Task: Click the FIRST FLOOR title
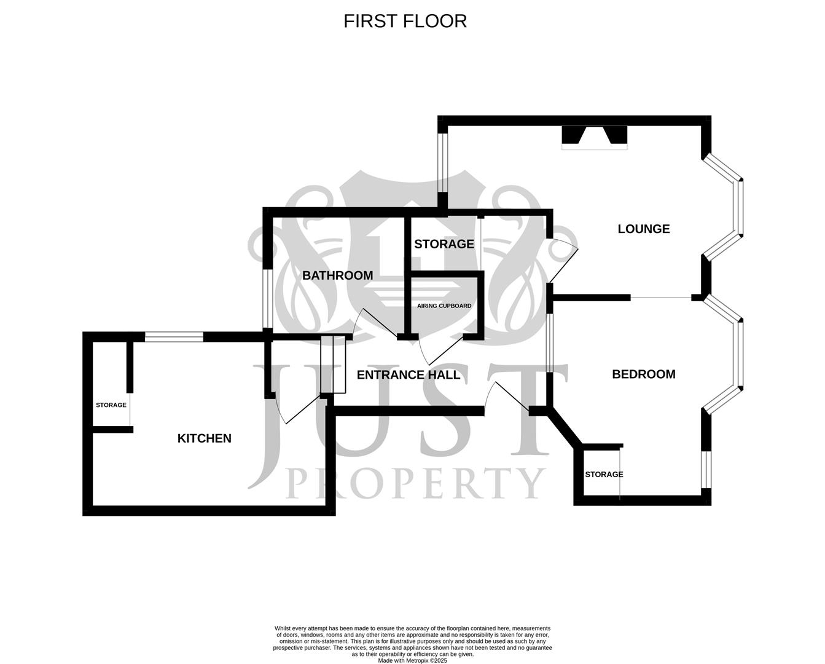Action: [405, 21]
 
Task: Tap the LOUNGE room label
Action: [643, 229]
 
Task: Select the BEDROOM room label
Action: [643, 374]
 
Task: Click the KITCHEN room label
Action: [204, 438]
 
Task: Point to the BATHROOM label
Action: [337, 275]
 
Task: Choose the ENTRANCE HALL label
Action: [409, 375]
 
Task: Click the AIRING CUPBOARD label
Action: [444, 306]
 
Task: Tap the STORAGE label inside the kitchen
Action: [111, 405]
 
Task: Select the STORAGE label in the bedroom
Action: [603, 475]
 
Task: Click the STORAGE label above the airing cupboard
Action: [444, 244]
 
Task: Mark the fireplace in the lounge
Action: [595, 138]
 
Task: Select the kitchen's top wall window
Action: [174, 336]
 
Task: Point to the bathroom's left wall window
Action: [267, 299]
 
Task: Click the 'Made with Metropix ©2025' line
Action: [412, 661]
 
